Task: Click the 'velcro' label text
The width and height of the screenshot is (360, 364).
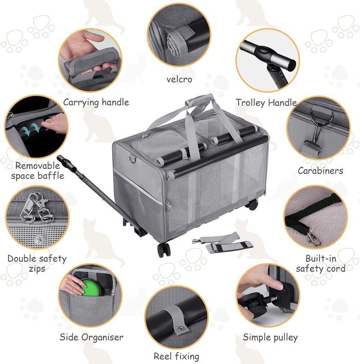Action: coord(179,79)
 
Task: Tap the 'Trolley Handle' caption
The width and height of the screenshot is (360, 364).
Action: coord(266,103)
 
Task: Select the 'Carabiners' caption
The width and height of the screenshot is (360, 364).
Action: coord(320,171)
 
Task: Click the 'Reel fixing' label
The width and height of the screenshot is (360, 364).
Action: coord(176,356)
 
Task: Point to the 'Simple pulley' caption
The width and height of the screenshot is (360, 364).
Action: coord(270,337)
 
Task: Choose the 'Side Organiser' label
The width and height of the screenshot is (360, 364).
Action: coord(91,337)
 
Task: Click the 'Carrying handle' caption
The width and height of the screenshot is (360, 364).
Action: coord(96,103)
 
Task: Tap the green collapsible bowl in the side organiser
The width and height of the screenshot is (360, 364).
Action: coord(90,288)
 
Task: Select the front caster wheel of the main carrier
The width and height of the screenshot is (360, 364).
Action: coord(164,250)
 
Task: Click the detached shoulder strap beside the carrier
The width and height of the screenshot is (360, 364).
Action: coord(222,243)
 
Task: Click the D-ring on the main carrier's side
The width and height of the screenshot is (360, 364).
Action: coord(132,160)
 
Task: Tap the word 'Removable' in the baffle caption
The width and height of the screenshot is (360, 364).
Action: coord(38,166)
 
